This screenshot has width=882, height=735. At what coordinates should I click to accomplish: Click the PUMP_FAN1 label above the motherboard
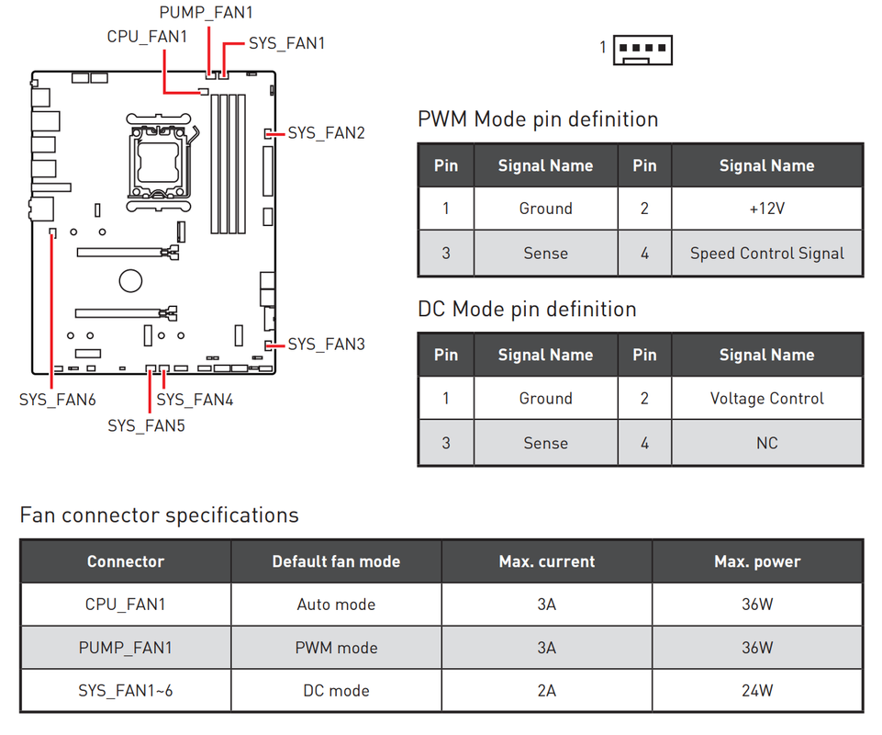point(206,12)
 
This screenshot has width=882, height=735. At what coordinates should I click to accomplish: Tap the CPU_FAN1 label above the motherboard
point(147,37)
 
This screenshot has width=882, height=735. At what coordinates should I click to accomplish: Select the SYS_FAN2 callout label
point(326,133)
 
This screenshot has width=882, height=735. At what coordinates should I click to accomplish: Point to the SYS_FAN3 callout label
point(326,345)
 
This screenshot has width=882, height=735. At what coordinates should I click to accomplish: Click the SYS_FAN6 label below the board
point(58,400)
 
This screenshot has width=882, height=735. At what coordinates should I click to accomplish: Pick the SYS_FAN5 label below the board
point(146,425)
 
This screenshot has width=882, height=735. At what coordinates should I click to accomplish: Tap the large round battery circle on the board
point(130,280)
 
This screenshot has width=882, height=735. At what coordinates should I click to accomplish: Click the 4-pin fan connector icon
point(642,50)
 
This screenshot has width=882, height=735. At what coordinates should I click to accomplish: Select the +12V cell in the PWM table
point(766,209)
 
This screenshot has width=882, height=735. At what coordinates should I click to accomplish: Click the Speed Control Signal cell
point(766,254)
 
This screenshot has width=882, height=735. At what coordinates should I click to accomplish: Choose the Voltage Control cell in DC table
point(766,399)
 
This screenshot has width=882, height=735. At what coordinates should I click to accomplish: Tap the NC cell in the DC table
point(766,443)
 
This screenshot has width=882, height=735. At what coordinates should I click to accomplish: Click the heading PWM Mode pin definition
point(538,119)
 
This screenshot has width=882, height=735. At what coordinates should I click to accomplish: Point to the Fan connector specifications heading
point(159,515)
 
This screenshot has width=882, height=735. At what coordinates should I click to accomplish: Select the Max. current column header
point(547,561)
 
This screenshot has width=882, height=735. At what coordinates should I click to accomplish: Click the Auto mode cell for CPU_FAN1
point(336,605)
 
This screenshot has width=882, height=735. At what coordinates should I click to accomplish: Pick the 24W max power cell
point(757,691)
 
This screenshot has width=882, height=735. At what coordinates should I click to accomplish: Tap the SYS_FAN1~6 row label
point(126,691)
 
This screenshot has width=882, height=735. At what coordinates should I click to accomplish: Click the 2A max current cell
point(547,691)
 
